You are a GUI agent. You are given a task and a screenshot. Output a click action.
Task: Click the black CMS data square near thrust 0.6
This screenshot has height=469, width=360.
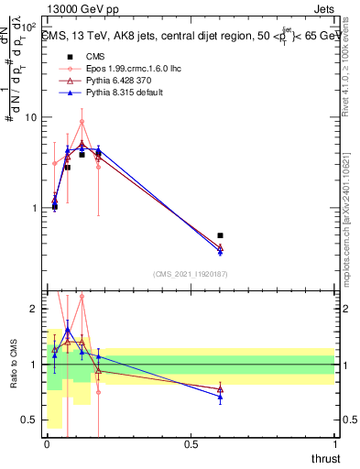(x=220, y=235)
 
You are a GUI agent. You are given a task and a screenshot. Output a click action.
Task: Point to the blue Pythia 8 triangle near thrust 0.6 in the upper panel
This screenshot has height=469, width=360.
(x=220, y=251)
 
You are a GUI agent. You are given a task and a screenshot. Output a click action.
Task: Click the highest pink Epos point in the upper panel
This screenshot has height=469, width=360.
(x=82, y=122)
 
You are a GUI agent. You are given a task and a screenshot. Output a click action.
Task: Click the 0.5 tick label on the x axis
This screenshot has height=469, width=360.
(x=191, y=444)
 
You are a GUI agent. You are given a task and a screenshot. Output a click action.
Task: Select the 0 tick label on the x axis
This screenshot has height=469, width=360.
(x=46, y=444)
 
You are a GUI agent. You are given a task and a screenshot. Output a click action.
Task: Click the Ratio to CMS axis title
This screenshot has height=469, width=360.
(x=12, y=365)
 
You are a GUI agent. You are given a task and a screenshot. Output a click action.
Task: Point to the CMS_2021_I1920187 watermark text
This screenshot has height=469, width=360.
(x=190, y=274)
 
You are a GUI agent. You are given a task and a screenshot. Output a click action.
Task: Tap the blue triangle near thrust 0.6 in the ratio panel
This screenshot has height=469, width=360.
(x=220, y=396)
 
